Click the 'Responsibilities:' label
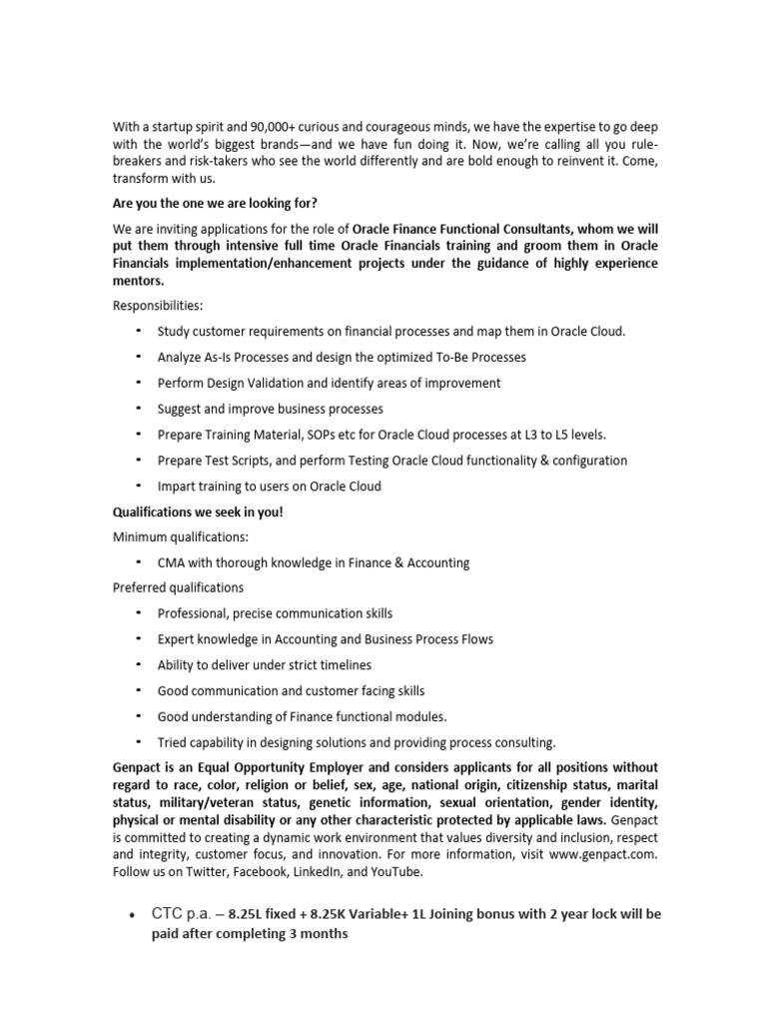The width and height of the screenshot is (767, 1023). (x=157, y=306)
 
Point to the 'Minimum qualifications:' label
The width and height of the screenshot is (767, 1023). (x=179, y=536)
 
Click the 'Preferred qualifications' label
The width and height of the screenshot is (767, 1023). (x=178, y=587)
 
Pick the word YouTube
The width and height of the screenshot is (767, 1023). (x=394, y=871)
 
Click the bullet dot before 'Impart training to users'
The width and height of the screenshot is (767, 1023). (x=138, y=487)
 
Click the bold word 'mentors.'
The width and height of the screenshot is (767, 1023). (x=138, y=281)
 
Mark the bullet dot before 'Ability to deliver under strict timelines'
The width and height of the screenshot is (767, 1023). (x=138, y=665)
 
